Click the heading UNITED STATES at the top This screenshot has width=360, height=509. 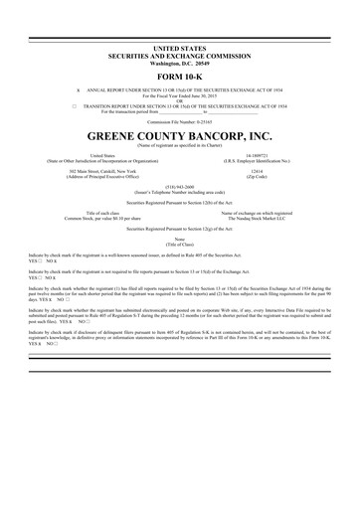coord(179,48)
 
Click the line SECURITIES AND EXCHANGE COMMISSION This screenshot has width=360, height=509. coord(179,54)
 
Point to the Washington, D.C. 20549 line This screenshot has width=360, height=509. coord(179,61)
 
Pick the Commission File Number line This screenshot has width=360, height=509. coord(179,119)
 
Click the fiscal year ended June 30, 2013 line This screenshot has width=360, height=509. coord(179,93)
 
